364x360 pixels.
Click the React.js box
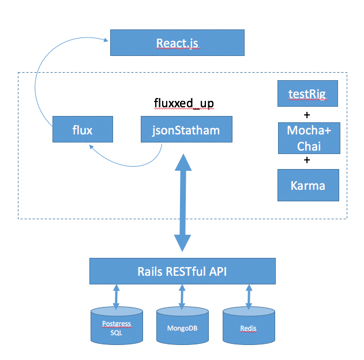click(178, 43)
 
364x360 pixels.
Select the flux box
click(82, 130)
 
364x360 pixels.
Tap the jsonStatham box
click(187, 130)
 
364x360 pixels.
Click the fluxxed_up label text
click(184, 103)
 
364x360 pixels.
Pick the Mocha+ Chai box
click(307, 138)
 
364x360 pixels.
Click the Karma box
click(307, 185)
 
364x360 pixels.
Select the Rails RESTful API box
click(182, 271)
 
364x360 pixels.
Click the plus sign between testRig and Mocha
click(307, 114)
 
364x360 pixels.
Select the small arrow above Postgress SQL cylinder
click(117, 297)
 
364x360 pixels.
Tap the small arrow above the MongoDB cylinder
click(182, 297)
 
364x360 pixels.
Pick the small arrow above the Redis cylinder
click(249, 297)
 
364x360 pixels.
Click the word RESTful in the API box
click(189, 271)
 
